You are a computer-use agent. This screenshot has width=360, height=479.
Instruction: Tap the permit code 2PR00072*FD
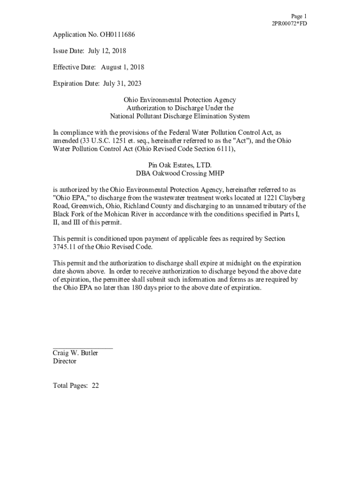click(x=289, y=23)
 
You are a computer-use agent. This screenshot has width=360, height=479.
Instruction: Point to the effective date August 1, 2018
click(x=122, y=67)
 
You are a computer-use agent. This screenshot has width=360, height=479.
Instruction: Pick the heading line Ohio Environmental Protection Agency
click(x=180, y=100)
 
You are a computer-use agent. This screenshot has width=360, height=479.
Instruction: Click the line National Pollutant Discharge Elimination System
click(x=180, y=116)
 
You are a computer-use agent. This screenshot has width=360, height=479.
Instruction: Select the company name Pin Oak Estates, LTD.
click(x=180, y=165)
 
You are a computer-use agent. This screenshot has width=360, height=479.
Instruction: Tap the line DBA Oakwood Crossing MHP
click(x=180, y=174)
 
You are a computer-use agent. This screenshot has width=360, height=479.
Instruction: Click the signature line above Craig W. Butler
click(x=83, y=348)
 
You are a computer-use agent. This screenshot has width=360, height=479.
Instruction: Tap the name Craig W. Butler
click(x=75, y=353)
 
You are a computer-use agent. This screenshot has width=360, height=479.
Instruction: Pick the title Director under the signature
click(x=65, y=362)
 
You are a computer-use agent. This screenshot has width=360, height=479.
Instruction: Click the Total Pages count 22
click(x=95, y=386)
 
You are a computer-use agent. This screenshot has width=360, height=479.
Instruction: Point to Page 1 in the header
click(x=299, y=16)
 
